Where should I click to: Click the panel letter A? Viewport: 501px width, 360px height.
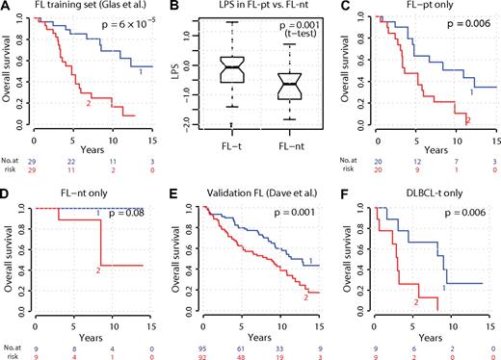[7, 9]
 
